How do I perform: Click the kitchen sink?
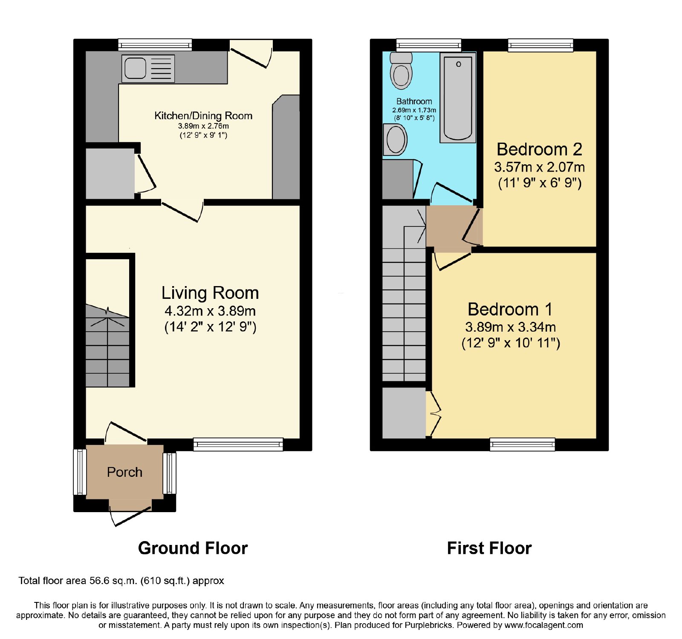(148, 69)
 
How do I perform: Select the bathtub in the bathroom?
(458, 97)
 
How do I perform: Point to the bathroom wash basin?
(395, 139)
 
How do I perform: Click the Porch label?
(124, 472)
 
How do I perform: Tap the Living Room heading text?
(210, 293)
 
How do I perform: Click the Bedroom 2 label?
(539, 149)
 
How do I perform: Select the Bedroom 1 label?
(510, 309)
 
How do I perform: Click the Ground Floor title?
(193, 548)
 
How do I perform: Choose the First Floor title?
(489, 548)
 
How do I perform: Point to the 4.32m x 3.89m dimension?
(210, 311)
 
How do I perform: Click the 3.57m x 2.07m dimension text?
(540, 167)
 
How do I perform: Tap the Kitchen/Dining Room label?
(203, 115)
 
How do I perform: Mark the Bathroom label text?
(414, 101)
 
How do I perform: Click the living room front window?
(238, 444)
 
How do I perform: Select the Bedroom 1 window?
(523, 444)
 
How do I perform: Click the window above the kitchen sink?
(155, 45)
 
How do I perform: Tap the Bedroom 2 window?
(540, 45)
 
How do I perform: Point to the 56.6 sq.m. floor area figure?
(113, 581)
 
